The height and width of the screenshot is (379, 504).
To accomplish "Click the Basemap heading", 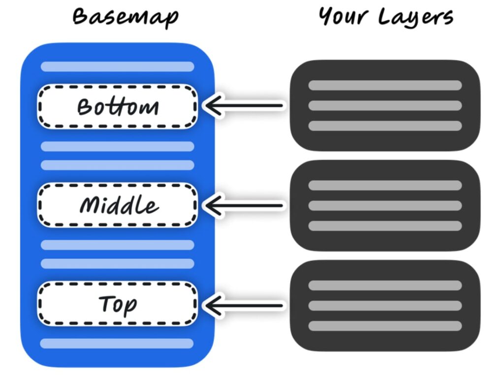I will point(125,18).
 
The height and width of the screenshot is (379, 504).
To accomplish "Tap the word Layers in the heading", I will point(416,18).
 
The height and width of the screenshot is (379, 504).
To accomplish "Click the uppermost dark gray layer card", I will point(385,105).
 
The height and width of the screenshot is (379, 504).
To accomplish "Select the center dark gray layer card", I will point(385,205).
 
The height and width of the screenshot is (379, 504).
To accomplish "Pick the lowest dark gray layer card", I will point(385,305).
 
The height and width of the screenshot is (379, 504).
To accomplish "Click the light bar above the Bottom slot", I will point(117,66).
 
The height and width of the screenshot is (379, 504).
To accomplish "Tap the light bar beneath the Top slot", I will point(117,343).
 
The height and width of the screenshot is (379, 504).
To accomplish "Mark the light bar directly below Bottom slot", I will point(117,146).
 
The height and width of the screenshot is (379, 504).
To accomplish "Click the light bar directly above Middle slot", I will point(117,165).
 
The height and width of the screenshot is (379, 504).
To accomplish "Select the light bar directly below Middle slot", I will point(117,245).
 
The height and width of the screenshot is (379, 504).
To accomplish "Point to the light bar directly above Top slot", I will point(117,263).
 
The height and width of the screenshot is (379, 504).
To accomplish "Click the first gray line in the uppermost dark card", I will point(385,85).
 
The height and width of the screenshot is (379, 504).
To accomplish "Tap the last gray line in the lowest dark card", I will point(385,326).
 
